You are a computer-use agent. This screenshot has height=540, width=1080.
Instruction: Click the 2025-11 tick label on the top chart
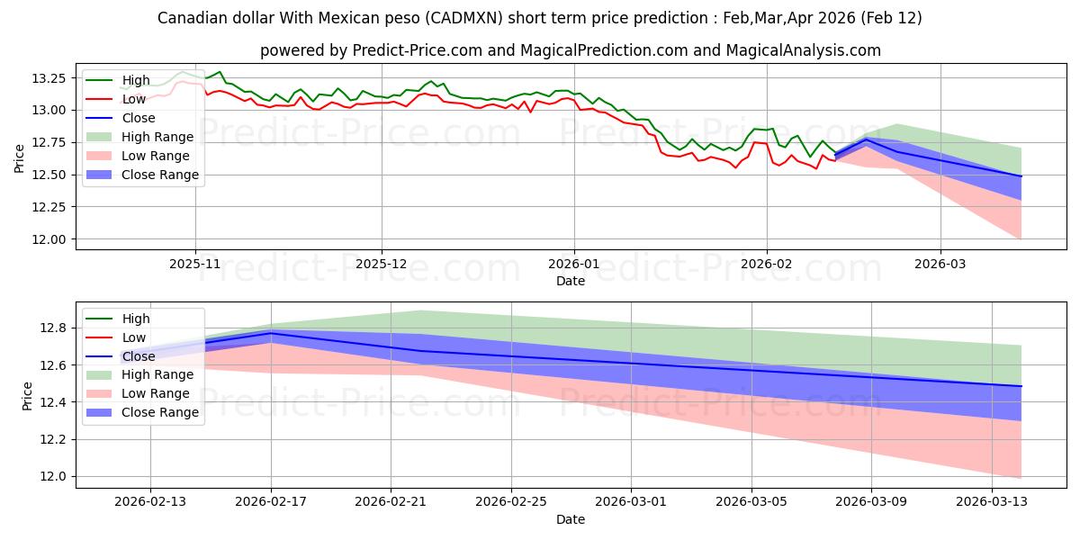pos(195,265)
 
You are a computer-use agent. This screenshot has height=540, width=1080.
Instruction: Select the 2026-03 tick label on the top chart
pos(940,265)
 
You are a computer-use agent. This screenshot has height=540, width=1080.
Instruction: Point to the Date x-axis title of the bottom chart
pos(571,519)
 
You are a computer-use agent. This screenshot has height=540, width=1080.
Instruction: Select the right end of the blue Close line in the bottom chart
pos(1021,386)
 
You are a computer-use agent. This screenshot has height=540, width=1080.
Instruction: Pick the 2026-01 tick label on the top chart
pos(574,265)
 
